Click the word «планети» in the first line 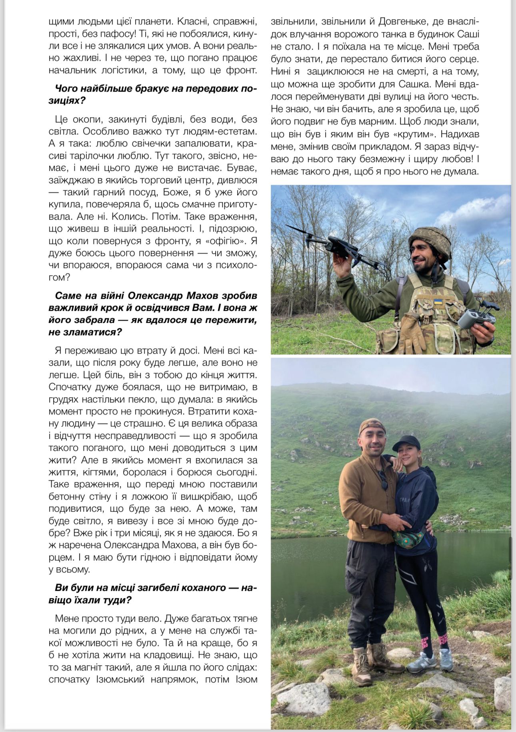[153, 21]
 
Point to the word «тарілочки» [92, 156]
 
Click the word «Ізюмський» [120, 679]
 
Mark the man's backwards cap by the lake [371, 425]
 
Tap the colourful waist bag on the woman [408, 538]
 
